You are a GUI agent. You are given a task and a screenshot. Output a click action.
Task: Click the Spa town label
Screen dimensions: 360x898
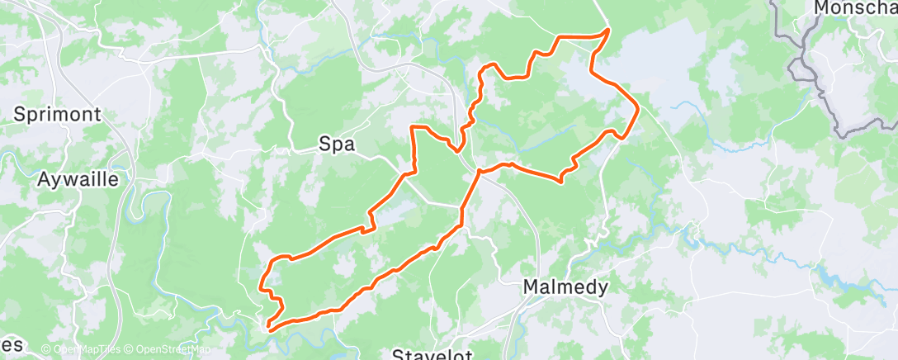[x=337, y=144]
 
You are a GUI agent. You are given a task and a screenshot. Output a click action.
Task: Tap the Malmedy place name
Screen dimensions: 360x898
[x=566, y=287]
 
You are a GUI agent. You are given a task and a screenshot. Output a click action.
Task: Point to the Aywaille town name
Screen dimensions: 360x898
[x=78, y=178]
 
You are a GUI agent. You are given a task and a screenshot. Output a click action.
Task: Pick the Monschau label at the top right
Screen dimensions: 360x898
[x=854, y=7]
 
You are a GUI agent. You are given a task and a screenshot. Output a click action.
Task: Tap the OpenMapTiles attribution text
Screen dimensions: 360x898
[x=81, y=349]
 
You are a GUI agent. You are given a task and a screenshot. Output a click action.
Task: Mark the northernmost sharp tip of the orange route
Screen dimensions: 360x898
[x=609, y=30]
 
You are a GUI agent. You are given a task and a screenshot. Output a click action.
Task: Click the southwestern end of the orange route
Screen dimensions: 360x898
[x=269, y=329]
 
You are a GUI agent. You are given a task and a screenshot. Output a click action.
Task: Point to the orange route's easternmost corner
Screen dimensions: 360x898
[x=638, y=108]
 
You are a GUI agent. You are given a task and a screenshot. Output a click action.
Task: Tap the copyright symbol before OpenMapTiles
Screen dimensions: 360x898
[x=46, y=349]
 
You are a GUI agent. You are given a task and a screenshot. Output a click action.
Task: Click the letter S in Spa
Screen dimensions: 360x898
[x=324, y=144]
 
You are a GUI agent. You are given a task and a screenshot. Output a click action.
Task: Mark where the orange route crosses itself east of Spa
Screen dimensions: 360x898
[x=478, y=171]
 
